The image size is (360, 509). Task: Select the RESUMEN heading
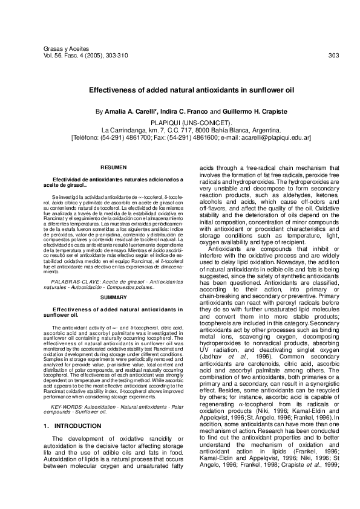point(113,166)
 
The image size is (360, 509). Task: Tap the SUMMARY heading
point(113,299)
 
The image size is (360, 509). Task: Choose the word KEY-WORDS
point(67,391)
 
